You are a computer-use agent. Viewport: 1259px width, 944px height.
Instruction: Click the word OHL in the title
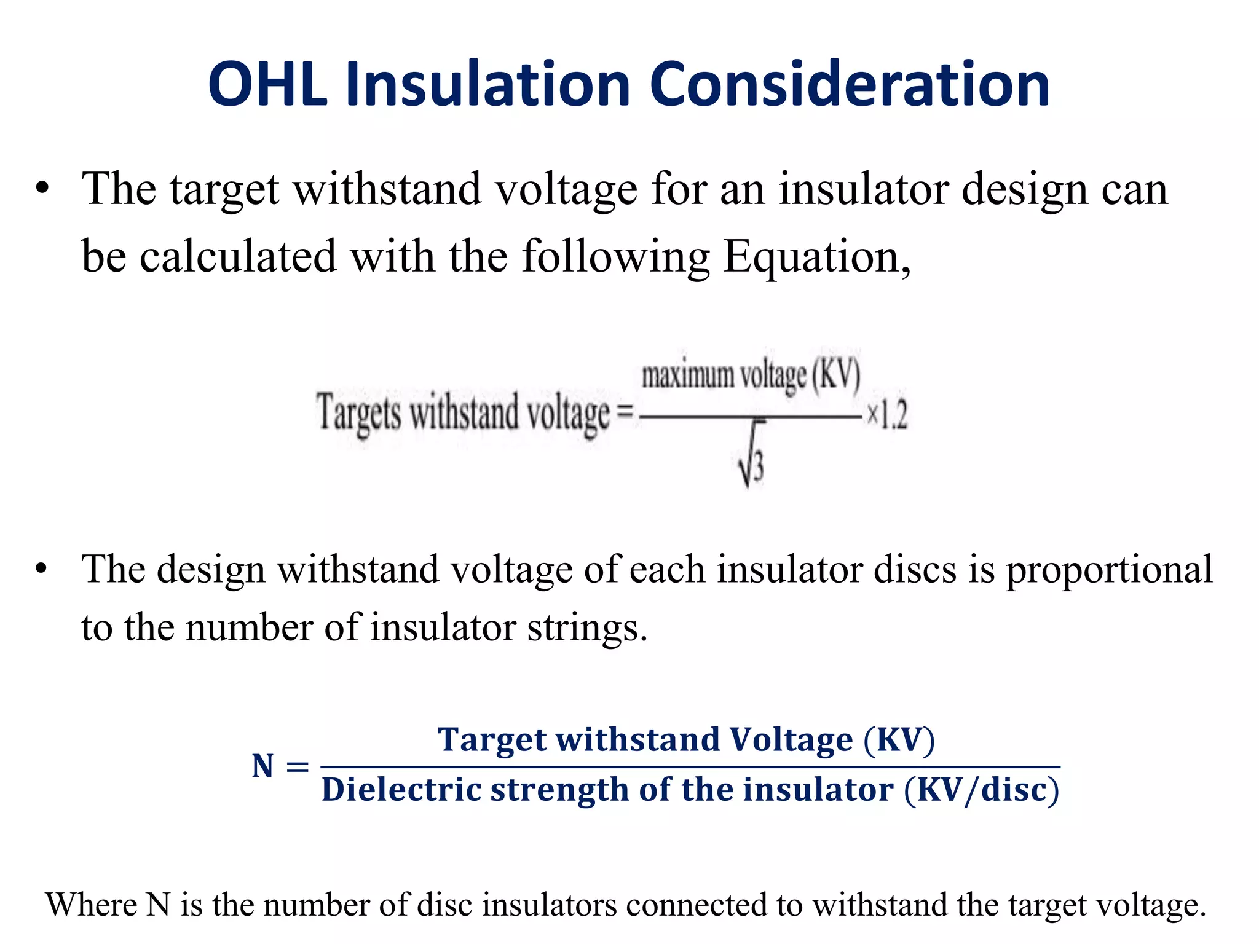(268, 84)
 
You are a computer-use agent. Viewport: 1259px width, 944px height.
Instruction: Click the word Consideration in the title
(849, 84)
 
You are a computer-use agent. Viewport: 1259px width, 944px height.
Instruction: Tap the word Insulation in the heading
(487, 84)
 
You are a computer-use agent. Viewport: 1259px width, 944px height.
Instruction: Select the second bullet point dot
(41, 569)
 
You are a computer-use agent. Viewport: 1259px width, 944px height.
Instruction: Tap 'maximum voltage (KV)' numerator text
(751, 374)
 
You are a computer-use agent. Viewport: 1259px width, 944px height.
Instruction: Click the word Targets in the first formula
(359, 412)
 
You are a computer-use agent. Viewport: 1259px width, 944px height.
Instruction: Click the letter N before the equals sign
(262, 766)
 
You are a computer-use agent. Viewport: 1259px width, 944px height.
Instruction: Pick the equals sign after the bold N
(298, 766)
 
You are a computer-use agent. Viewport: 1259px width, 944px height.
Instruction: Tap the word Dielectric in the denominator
(400, 789)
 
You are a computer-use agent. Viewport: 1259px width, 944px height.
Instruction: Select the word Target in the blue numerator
(491, 740)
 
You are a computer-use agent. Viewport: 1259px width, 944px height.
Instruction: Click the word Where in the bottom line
(90, 905)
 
